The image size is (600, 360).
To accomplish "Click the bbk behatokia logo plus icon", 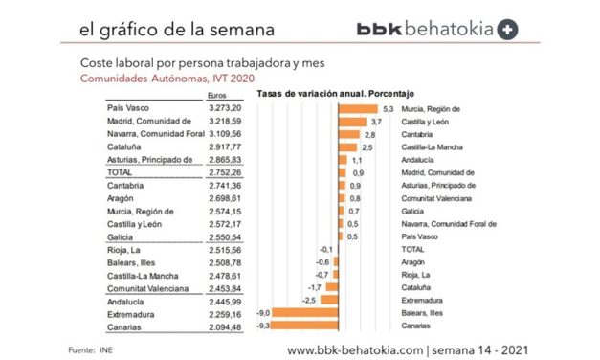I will (x=507, y=29).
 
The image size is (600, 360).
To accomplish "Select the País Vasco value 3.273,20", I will (x=228, y=109).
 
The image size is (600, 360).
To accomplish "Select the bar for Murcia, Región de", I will (x=360, y=109).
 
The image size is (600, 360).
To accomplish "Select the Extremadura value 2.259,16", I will (x=228, y=312).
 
